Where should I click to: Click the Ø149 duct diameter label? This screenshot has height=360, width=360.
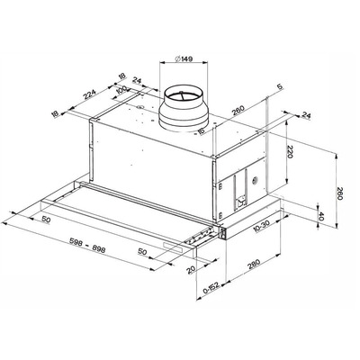coord(183,58)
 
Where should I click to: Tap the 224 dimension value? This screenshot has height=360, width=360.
coord(90,94)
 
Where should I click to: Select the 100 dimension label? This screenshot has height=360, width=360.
coord(121,91)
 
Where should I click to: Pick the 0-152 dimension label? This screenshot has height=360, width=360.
coord(211,288)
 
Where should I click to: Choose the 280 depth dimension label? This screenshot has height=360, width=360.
coord(254,264)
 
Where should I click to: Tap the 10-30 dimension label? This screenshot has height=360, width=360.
coord(262,226)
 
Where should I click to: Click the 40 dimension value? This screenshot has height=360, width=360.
coord(321,216)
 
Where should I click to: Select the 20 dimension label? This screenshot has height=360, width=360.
coord(191,270)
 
